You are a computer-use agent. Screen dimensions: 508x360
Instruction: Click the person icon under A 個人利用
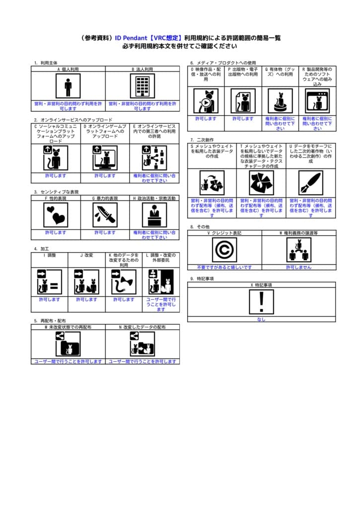(x=68, y=87)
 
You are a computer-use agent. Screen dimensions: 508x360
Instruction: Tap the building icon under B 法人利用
(x=143, y=87)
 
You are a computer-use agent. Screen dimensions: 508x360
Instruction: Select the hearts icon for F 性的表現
(x=56, y=215)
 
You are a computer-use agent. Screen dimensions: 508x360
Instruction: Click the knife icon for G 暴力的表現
(x=105, y=215)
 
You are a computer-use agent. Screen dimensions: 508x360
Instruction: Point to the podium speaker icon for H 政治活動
(x=154, y=215)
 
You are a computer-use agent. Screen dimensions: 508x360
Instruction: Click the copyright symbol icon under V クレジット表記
(x=224, y=250)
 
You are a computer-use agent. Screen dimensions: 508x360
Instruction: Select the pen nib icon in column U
(x=311, y=183)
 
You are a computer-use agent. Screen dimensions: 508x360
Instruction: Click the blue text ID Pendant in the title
(x=133, y=38)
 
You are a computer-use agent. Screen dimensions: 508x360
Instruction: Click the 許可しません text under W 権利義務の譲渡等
(x=298, y=267)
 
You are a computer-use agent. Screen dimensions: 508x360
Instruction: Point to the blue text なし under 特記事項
(x=261, y=319)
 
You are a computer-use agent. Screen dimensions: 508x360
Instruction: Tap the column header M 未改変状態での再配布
(x=68, y=327)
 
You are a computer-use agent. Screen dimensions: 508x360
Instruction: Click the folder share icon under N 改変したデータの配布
(x=143, y=344)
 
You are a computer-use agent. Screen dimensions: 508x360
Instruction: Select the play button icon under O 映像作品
(x=206, y=101)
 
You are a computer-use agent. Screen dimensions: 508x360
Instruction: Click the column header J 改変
(x=86, y=255)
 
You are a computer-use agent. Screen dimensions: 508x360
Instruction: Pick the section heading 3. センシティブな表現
(x=57, y=192)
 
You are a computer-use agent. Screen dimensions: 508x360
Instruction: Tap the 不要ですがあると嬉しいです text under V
(x=224, y=267)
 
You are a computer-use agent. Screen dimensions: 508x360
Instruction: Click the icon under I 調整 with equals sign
(x=50, y=282)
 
